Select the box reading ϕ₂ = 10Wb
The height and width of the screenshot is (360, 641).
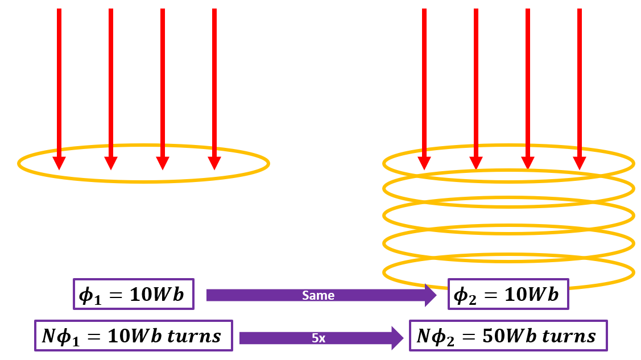tap(508, 294)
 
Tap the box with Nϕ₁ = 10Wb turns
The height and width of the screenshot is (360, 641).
tap(134, 336)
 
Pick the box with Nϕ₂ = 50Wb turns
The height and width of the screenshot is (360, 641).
tap(508, 336)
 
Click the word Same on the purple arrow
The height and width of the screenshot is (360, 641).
tap(319, 295)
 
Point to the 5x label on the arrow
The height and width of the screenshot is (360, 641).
tap(318, 338)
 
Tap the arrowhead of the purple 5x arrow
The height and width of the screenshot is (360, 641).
tap(396, 338)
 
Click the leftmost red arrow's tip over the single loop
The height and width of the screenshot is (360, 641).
tap(59, 163)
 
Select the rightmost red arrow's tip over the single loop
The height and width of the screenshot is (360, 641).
tap(214, 163)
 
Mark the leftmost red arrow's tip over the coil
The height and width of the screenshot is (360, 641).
tap(424, 163)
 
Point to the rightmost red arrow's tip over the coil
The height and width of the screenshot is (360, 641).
tap(579, 163)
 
